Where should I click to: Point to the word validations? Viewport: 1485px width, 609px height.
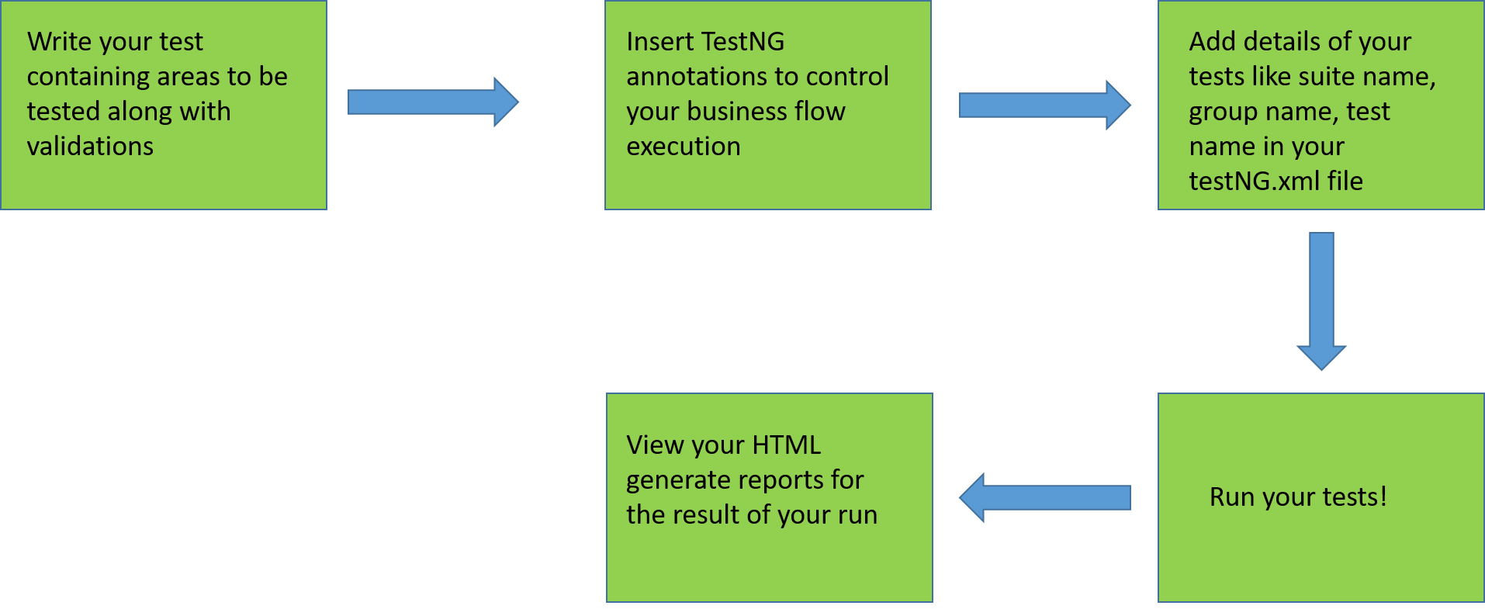[x=90, y=146]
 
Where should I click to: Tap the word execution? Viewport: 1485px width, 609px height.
[x=683, y=146]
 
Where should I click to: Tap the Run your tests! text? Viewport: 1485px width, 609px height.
[x=1297, y=497]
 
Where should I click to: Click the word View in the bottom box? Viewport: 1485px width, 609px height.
[x=655, y=445]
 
